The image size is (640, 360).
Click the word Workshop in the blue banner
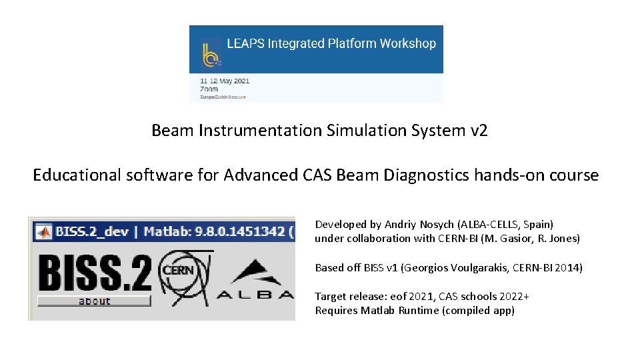tap(407, 44)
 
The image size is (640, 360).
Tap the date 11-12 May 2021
tap(225, 81)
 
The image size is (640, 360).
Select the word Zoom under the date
tap(209, 89)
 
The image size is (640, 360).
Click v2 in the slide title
tap(479, 131)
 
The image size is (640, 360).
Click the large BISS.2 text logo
tap(94, 272)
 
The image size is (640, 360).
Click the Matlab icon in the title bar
tap(44, 232)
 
